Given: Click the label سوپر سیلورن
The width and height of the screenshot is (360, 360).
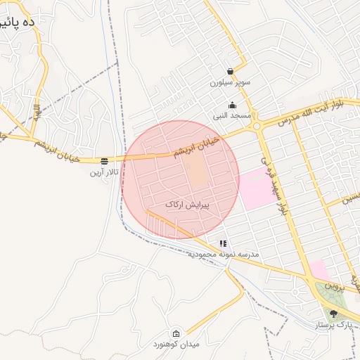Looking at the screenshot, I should [x=230, y=82].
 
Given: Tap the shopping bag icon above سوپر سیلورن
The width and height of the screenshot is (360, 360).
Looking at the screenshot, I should [x=231, y=71].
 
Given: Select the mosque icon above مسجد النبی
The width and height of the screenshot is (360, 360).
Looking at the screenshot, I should [x=233, y=105].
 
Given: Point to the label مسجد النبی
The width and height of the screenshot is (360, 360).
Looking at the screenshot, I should [x=231, y=115].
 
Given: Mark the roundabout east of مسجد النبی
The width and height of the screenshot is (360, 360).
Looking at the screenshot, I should [x=257, y=126].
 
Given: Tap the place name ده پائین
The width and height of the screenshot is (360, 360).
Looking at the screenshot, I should [x=18, y=22].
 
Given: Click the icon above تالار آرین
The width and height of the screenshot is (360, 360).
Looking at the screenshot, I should [x=105, y=160].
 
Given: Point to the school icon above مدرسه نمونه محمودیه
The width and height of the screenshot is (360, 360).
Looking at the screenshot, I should [x=223, y=243].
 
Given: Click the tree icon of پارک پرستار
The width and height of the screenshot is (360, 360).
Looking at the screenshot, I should [x=333, y=314].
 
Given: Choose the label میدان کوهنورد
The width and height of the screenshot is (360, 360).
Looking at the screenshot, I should [x=177, y=344].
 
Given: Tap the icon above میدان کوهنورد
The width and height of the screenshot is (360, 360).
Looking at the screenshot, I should [x=176, y=333].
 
